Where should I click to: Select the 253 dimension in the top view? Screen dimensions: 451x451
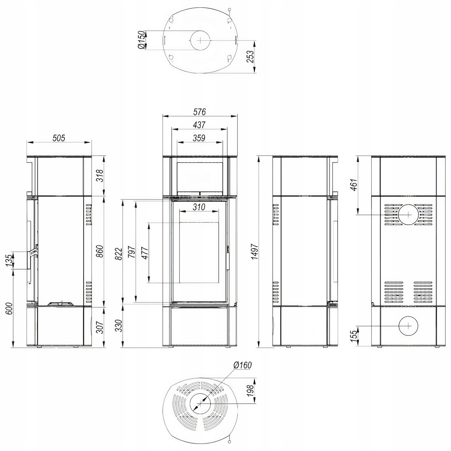click(x=250, y=57)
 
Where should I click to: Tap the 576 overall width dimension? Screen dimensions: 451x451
click(x=200, y=112)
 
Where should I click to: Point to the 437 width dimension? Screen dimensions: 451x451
click(x=200, y=125)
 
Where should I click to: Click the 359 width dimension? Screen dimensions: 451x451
click(x=199, y=138)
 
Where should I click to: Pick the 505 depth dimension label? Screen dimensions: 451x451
click(x=59, y=138)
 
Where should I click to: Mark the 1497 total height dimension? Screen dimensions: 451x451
click(x=255, y=252)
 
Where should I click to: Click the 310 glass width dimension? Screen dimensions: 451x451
click(x=199, y=207)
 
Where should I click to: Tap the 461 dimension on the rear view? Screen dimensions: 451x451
click(x=354, y=185)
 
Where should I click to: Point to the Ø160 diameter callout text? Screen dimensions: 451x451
click(x=242, y=365)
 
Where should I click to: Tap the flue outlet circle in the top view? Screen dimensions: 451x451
click(x=200, y=40)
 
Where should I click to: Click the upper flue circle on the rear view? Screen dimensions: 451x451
click(x=408, y=215)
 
